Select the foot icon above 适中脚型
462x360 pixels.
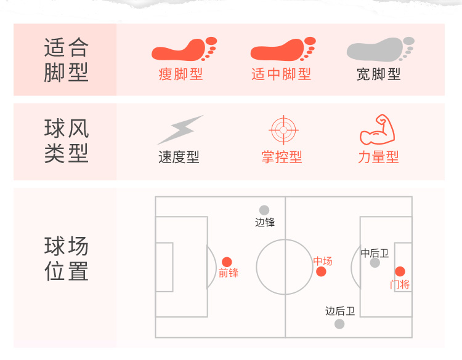point(282,49)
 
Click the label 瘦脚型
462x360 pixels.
point(180,74)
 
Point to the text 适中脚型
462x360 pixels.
point(282,74)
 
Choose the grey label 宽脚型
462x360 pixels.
point(379,74)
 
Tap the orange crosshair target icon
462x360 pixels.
point(283,130)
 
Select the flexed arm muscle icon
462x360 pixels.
point(378,129)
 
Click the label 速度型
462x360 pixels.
point(179,158)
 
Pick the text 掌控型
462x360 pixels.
point(282,158)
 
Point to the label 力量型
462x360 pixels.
point(378,158)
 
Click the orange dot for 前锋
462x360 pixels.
point(227,262)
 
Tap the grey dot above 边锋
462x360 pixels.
point(264,210)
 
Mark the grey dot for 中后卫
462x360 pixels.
point(375,263)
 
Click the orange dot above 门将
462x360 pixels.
point(400,271)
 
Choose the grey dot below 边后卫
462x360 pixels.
point(339,324)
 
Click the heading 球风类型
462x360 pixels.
point(67,141)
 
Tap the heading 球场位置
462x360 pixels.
point(67,259)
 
